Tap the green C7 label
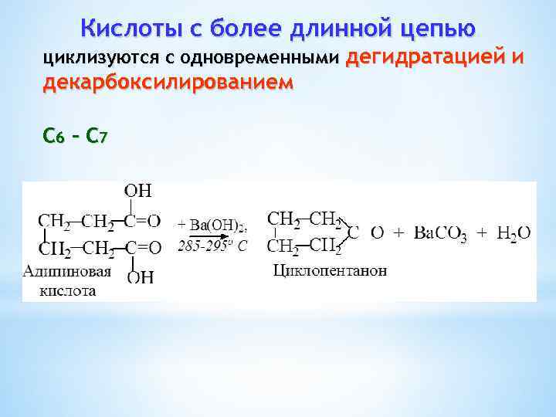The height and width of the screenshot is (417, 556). [x=97, y=137]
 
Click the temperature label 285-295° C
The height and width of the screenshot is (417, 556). [x=212, y=247]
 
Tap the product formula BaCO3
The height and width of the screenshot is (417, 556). [x=440, y=232]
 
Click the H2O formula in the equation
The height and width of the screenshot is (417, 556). [x=514, y=232]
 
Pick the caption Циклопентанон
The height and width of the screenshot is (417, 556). [x=331, y=271]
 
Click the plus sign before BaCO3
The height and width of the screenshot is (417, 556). [x=400, y=232]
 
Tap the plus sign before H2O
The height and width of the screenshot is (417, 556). [x=482, y=232]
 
